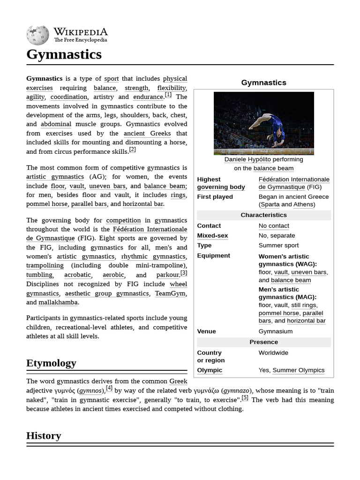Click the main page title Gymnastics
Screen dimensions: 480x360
click(64, 54)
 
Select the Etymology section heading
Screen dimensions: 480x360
click(51, 363)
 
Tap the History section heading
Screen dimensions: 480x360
click(44, 435)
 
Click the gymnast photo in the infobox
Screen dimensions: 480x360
click(263, 123)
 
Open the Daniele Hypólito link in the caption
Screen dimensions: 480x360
click(247, 159)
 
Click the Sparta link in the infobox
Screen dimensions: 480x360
click(270, 204)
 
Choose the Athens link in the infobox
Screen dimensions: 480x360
click(304, 204)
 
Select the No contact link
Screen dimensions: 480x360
click(274, 226)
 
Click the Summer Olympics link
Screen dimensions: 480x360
click(298, 370)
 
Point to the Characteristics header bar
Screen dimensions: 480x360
click(263, 215)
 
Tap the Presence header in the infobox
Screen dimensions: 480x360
click(263, 342)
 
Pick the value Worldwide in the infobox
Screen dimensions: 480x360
click(273, 353)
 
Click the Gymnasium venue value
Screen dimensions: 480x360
click(275, 331)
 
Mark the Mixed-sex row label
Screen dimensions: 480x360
click(212, 236)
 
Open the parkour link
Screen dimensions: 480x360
click(167, 275)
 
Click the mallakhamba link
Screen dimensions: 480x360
click(58, 302)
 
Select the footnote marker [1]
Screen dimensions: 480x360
click(168, 95)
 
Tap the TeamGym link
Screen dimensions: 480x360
click(170, 293)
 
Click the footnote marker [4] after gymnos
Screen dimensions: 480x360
click(109, 388)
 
